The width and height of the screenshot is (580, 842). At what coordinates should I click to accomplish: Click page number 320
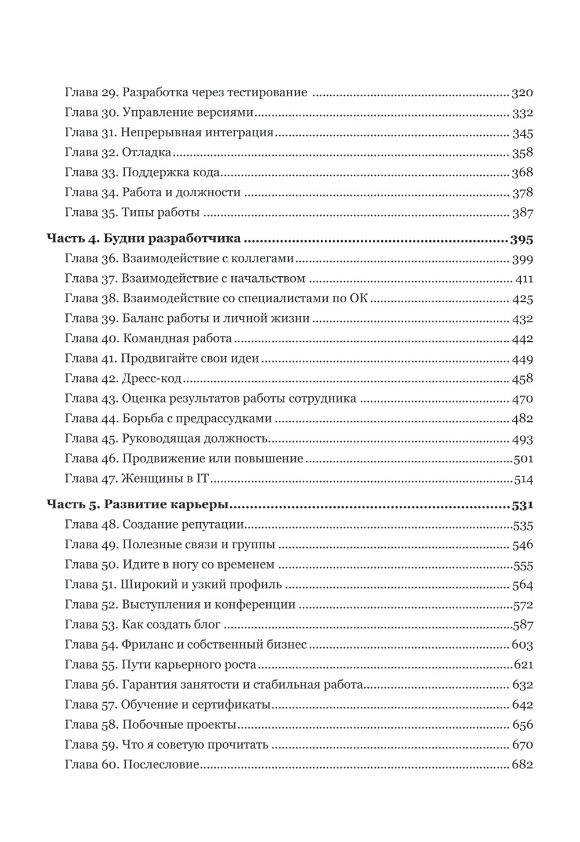522,93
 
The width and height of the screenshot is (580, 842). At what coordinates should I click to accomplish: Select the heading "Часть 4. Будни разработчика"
143,240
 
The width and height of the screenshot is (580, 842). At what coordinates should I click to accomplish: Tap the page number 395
521,240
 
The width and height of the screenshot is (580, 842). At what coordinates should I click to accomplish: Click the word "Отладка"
147,153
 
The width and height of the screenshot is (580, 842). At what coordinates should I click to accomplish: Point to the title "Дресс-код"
151,379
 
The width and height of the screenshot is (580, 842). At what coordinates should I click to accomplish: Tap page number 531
522,505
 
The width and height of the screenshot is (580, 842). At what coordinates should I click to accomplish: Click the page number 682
522,764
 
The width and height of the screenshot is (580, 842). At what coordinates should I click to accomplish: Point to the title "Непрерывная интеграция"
198,133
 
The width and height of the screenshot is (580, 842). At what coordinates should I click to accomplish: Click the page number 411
524,279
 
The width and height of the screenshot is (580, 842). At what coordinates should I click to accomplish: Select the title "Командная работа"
177,338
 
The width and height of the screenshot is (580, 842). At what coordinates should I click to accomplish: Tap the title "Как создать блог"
171,625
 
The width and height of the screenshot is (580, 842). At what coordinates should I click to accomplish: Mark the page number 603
522,645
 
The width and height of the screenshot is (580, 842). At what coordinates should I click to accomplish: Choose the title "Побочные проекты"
179,725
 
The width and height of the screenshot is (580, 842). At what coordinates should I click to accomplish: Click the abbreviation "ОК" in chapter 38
359,299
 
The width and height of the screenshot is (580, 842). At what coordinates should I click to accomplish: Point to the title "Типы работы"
161,212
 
